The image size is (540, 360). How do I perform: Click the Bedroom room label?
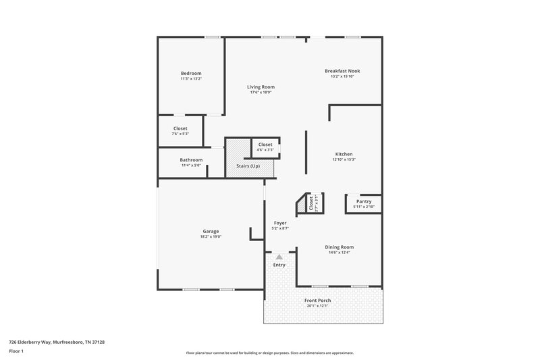[x=191, y=73]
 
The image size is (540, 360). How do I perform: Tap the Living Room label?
[x=261, y=86]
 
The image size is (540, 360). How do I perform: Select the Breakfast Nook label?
[x=342, y=70]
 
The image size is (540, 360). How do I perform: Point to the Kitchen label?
[x=344, y=154]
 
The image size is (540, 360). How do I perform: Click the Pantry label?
[x=364, y=201]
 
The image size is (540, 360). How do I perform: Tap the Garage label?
[x=211, y=231]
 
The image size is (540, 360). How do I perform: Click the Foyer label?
[x=280, y=223]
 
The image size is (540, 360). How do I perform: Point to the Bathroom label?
[x=191, y=159]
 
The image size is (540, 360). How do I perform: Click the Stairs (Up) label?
[x=247, y=166]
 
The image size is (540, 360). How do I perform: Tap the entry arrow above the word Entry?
[x=279, y=257]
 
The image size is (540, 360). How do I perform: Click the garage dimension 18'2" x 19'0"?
[x=211, y=237]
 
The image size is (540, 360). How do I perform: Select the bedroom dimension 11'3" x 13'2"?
[x=191, y=79]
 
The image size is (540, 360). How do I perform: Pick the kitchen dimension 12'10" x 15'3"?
[x=344, y=160]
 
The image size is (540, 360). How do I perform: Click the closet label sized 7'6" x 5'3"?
[x=180, y=128]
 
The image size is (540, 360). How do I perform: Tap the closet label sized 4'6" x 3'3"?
[x=265, y=144]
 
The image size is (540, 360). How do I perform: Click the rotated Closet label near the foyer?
[x=311, y=203]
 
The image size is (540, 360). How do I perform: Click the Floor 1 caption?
[x=16, y=352]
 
